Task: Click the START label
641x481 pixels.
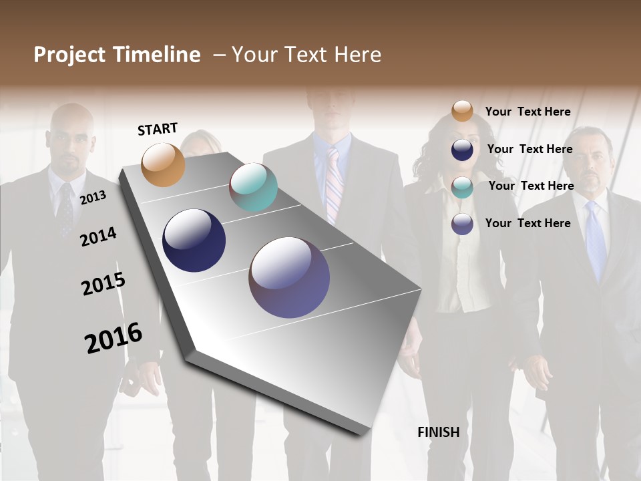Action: pos(158,129)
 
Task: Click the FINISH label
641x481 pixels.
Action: pos(438,432)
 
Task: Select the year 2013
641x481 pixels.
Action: pos(93,198)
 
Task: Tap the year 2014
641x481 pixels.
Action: pos(98,237)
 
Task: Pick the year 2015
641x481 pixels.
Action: pos(103,284)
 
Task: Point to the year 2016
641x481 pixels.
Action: pos(114,338)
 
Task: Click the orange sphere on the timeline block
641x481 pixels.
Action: pos(163,164)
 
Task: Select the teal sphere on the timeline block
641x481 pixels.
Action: pos(253,187)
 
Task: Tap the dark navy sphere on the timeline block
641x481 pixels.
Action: pos(194,240)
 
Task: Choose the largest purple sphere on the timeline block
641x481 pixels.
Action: pos(289,277)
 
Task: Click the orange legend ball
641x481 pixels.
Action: pos(462,111)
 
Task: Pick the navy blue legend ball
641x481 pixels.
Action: pos(462,150)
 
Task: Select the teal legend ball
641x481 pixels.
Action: pos(462,187)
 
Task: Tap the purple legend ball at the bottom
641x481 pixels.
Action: pos(462,224)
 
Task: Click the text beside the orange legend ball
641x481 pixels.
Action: pos(527,112)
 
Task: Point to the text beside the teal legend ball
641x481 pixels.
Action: pos(531,186)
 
